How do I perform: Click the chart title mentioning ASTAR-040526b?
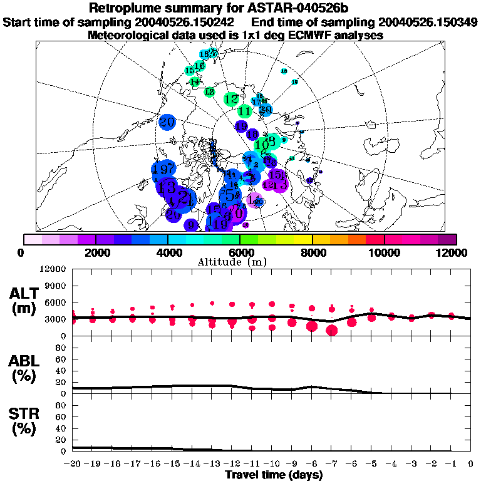(x=240, y=8)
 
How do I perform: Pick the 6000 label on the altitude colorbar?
(x=240, y=252)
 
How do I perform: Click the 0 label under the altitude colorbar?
(x=23, y=252)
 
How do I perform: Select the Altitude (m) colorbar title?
(x=240, y=262)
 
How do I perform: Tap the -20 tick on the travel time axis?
(x=73, y=464)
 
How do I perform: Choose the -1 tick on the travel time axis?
(x=451, y=464)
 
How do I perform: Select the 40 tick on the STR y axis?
(x=62, y=428)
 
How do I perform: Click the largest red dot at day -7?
(x=331, y=330)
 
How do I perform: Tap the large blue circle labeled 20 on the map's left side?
(x=167, y=123)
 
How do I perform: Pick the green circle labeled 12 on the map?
(x=231, y=99)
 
